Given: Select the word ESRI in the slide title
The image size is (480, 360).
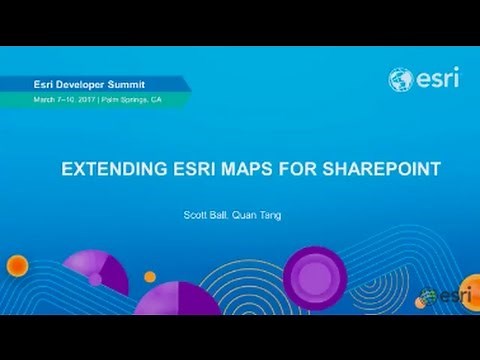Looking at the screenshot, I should [193, 170].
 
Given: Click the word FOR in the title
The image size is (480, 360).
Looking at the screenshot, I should [296, 170].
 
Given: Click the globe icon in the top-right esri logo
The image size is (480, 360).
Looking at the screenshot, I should [401, 80].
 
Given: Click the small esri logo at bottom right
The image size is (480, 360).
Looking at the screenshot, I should [440, 297].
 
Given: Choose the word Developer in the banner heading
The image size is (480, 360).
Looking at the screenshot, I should [88, 84].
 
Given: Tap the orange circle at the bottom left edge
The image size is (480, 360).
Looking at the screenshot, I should [17, 265].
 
